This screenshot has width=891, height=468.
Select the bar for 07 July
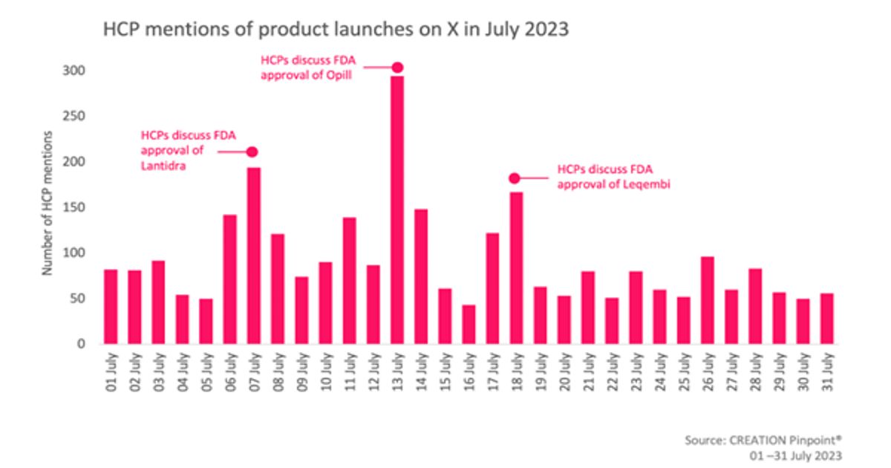[254, 256]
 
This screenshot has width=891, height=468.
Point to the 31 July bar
[826, 319]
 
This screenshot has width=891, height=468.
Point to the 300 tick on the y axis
[77, 71]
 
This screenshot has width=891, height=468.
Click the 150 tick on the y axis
[77, 207]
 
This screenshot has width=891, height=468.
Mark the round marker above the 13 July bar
[397, 68]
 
